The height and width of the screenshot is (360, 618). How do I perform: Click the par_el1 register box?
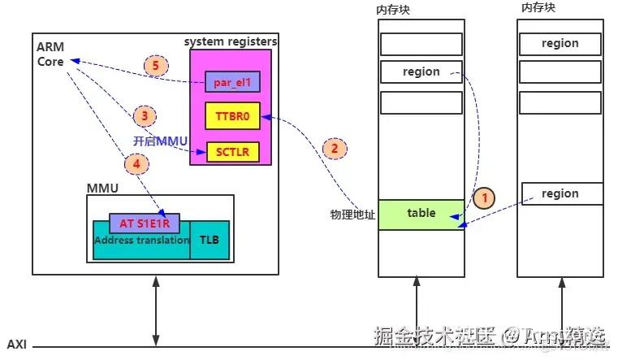coord(231,82)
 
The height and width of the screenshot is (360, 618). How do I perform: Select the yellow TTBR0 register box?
coord(231,116)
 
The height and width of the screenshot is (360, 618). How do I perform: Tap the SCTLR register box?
coord(231,151)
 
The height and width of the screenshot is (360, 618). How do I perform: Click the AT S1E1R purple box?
coord(144,223)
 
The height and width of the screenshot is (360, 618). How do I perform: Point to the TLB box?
coord(210,241)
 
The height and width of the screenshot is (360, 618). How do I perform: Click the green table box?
coord(421,213)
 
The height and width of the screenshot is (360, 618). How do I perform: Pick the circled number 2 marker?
coord(333,148)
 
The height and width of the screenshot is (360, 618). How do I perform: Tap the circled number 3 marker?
coord(145,115)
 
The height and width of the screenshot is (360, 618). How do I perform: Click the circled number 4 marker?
coord(137,163)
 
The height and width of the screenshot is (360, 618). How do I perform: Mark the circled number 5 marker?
coord(155,67)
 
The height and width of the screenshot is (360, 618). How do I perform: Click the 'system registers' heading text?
coord(231,41)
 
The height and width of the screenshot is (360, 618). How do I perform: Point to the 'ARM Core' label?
coord(50,55)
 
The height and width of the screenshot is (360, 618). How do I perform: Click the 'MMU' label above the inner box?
coord(102,188)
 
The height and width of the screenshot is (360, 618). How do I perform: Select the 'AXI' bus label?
coord(16,345)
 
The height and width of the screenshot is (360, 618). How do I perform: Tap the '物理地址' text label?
coord(352,215)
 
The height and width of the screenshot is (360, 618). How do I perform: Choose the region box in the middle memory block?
coord(421,72)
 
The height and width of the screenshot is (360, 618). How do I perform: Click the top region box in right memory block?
coord(560,43)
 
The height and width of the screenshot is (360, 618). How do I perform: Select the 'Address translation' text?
coord(141,241)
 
